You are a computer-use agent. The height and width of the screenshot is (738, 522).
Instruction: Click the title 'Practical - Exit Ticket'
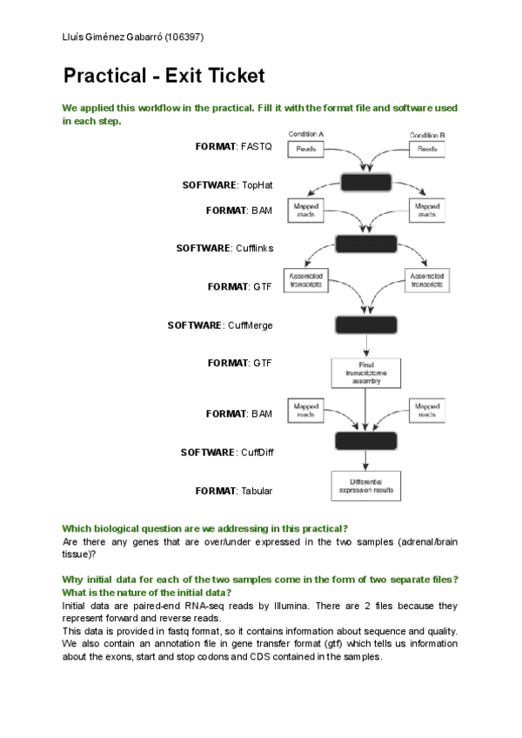point(164,76)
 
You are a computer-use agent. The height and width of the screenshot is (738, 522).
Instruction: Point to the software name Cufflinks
point(254,248)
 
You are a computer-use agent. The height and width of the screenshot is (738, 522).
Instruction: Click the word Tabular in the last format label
point(257,491)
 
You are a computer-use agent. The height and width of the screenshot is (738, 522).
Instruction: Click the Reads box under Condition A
point(305,150)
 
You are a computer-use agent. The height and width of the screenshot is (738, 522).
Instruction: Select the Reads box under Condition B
point(427,150)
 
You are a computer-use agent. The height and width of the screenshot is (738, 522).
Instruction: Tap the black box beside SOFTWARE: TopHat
point(366,184)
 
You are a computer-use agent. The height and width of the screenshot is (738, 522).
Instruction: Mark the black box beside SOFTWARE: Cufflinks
point(366,245)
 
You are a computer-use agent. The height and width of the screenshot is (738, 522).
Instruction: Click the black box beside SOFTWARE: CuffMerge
point(366,325)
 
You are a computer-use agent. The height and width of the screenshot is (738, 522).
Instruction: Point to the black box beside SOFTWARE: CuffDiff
point(366,440)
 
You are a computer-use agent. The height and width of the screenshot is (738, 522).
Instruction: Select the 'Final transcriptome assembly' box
point(366,372)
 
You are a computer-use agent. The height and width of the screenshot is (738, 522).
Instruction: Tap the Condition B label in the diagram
point(427,135)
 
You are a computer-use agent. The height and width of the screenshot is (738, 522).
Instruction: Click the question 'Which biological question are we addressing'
point(204,529)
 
